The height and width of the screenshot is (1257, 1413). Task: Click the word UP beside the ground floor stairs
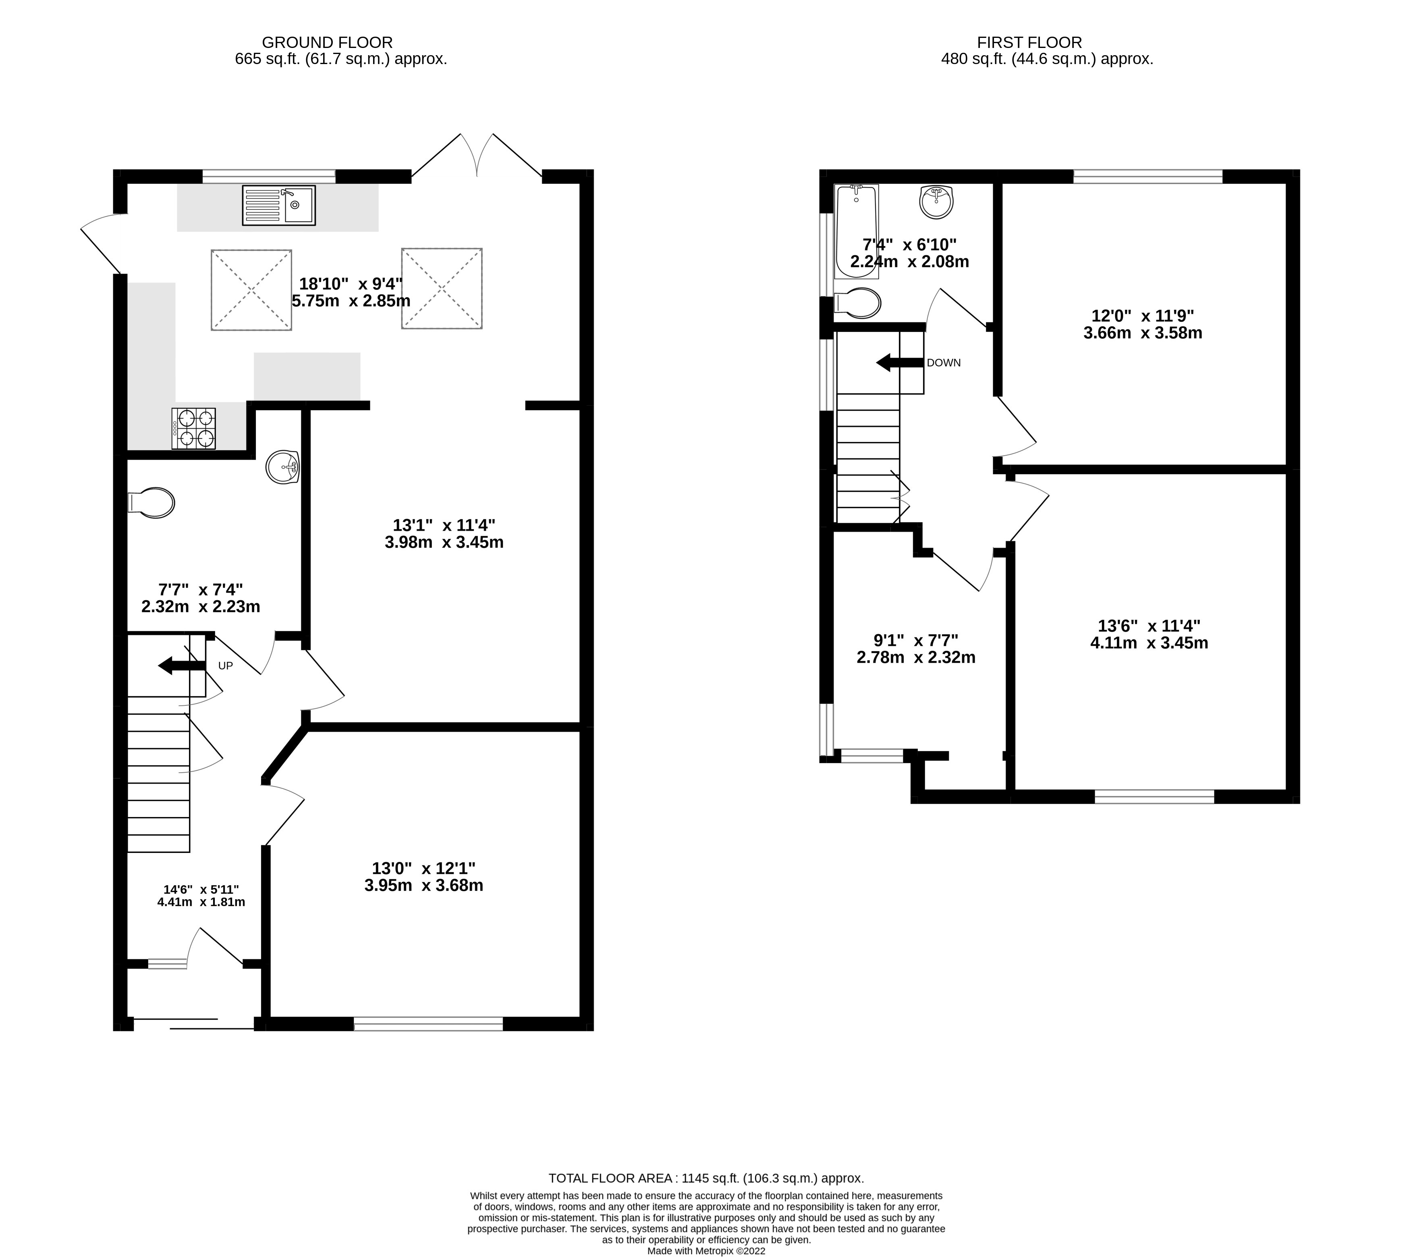pyautogui.click(x=225, y=666)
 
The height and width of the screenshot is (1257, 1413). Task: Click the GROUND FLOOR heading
pyautogui.click(x=327, y=42)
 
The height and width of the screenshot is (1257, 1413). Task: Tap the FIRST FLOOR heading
pyautogui.click(x=1029, y=42)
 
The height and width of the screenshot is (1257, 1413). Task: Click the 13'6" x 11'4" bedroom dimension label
pyautogui.click(x=1149, y=634)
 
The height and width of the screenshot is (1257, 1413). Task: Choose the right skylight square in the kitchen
pyautogui.click(x=442, y=288)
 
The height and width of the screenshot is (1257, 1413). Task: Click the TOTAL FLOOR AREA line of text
pyautogui.click(x=706, y=1178)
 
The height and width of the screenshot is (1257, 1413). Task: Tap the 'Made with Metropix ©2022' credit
pyautogui.click(x=706, y=1251)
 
